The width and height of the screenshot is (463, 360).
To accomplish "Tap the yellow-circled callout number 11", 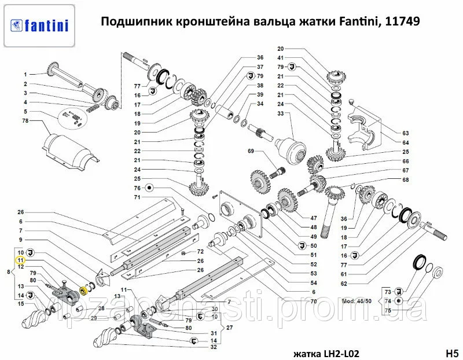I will (x=20, y=260).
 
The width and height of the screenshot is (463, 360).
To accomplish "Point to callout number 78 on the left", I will (x=25, y=121).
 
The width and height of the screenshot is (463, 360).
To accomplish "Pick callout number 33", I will (x=281, y=113).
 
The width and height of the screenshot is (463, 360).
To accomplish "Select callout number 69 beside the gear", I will (x=251, y=151).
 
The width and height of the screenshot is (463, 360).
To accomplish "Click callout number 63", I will (x=406, y=133).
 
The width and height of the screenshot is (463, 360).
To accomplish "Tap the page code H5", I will (x=452, y=352).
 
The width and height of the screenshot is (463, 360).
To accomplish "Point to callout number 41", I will (x=281, y=58).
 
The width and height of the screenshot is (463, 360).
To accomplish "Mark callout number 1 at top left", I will (x=25, y=75).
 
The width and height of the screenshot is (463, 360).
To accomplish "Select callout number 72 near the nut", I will (x=200, y=252).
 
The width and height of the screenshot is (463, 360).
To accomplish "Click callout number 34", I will (x=260, y=104).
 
